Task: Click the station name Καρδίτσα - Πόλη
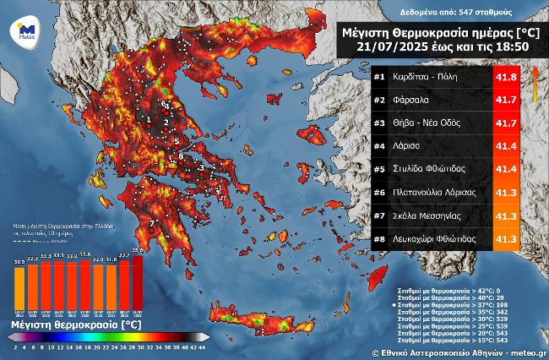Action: click(431, 78)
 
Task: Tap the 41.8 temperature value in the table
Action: click(503, 78)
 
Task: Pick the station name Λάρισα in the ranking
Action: click(409, 146)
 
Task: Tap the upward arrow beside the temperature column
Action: click(534, 77)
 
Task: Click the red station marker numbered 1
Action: click(149, 123)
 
